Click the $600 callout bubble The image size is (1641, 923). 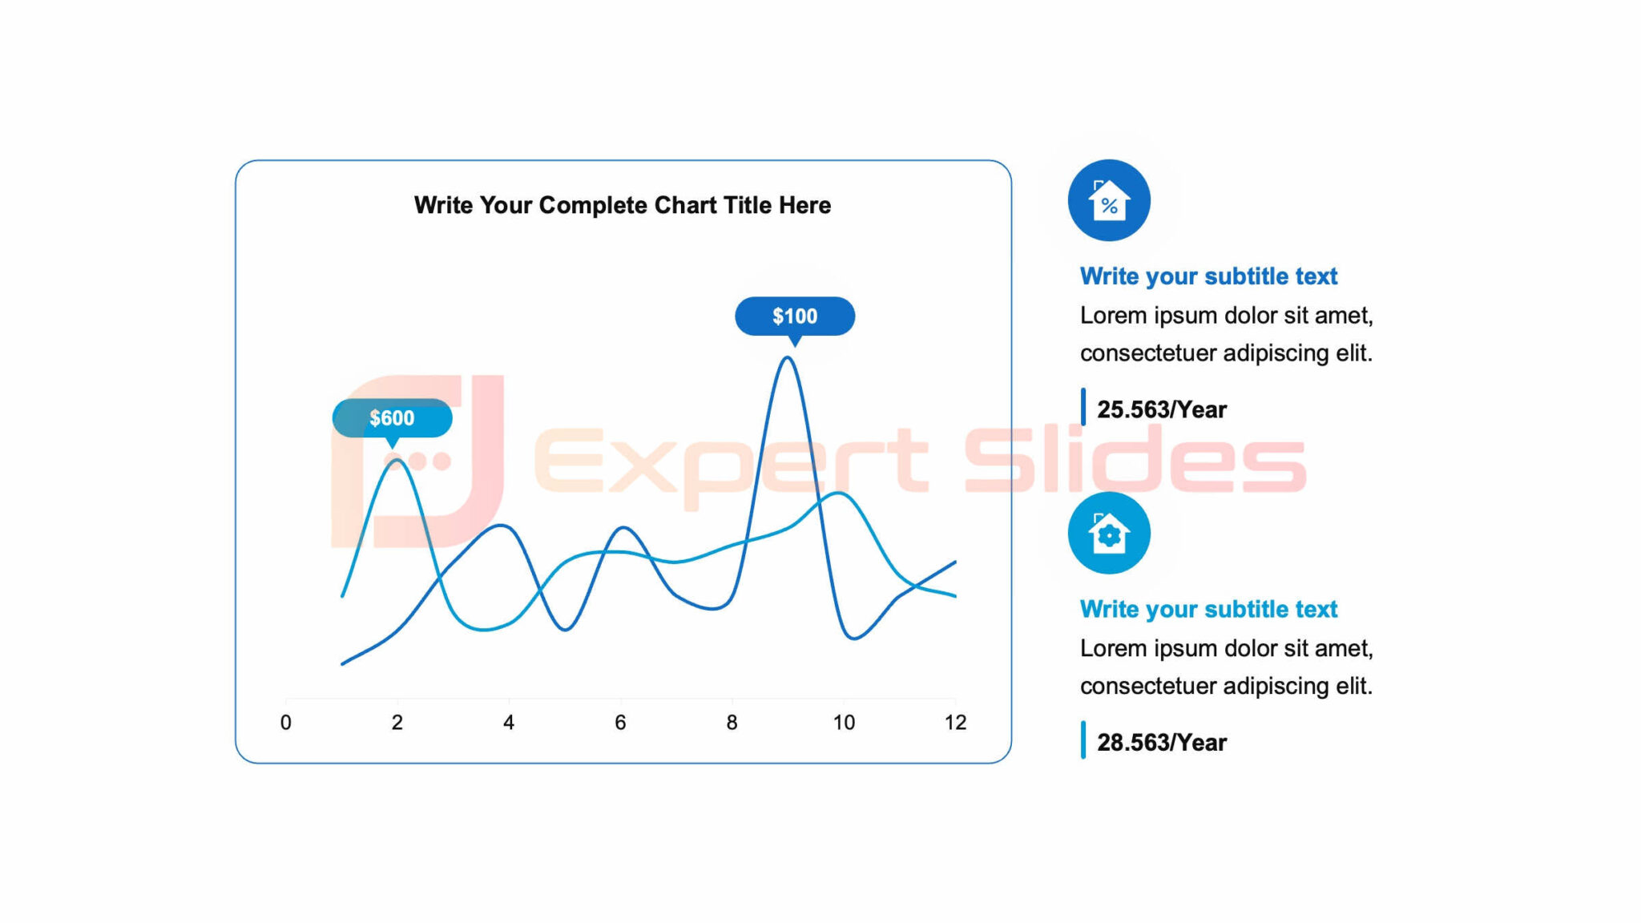(392, 418)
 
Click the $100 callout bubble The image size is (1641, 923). (795, 316)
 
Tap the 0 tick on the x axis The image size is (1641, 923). (286, 723)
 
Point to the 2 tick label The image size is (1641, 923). (397, 723)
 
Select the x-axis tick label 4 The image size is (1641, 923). (509, 723)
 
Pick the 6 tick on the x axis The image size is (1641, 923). (620, 723)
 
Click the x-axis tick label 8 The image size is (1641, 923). (732, 723)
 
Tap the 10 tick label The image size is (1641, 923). (844, 723)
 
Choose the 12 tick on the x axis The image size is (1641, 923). (955, 723)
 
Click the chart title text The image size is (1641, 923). (623, 205)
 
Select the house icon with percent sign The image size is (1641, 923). (1109, 200)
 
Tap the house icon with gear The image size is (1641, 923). (1109, 533)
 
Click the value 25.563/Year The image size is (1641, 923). (1161, 409)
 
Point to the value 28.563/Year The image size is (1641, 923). (1161, 743)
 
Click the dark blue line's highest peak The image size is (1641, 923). (788, 358)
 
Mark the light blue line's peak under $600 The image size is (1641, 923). (396, 461)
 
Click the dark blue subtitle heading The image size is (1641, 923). (1208, 276)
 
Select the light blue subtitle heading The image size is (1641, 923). (1208, 609)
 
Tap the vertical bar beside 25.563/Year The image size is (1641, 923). (1083, 407)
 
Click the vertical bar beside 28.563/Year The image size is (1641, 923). (1083, 740)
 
